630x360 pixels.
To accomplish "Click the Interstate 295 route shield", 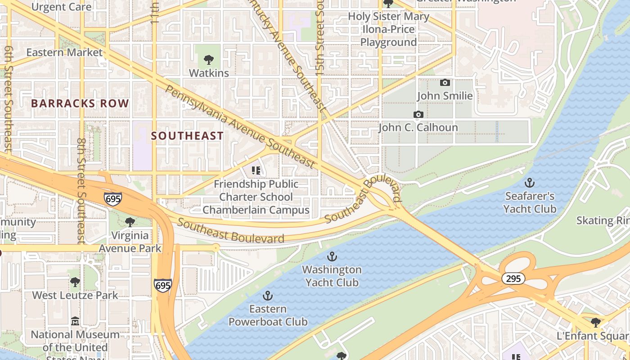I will [513, 279].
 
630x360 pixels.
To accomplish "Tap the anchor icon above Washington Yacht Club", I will [332, 256].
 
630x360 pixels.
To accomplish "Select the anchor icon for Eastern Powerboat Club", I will [268, 296].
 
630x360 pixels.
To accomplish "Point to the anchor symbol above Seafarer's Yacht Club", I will [530, 183].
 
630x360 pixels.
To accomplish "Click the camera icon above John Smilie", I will [445, 83].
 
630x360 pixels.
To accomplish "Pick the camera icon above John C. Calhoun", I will [418, 115].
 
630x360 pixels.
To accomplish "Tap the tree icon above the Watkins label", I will [208, 59].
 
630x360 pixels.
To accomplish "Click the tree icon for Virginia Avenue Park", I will [130, 222].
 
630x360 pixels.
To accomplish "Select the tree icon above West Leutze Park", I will [75, 282].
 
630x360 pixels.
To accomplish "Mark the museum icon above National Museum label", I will [75, 322].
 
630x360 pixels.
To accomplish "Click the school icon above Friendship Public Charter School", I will [256, 171].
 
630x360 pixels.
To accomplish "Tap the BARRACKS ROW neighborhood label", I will [80, 103].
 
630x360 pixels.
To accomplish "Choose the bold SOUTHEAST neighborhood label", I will [187, 136].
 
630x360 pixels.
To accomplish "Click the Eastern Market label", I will [64, 52].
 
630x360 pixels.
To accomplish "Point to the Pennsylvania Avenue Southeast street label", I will [239, 126].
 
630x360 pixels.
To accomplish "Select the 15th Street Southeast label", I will [320, 54].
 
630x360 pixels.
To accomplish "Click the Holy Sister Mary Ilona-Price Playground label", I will [389, 30].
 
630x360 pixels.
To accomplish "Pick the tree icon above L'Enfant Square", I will [595, 322].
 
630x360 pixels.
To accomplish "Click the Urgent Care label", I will [62, 7].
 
